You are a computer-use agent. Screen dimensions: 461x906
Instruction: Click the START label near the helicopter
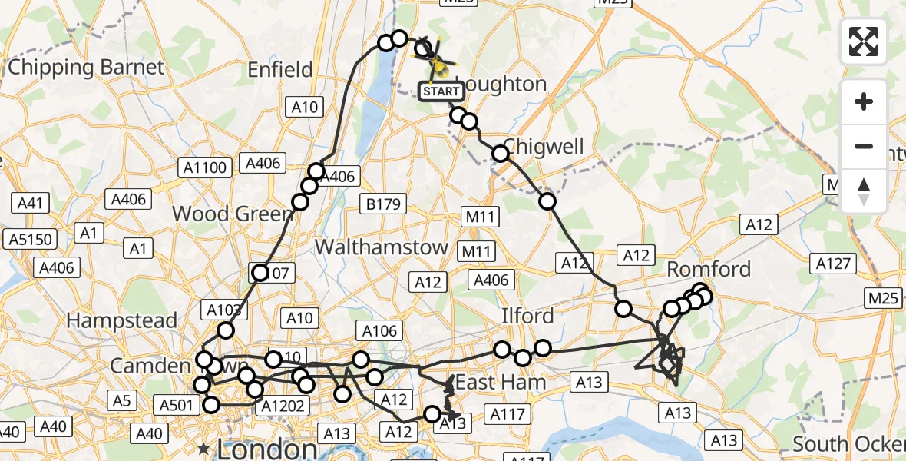tap(441, 91)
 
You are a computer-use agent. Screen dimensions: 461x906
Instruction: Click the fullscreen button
tap(864, 41)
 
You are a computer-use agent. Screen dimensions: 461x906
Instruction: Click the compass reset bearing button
tap(864, 191)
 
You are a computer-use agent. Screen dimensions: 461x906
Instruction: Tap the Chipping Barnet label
tap(86, 67)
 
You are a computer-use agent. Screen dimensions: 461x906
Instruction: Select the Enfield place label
tap(280, 70)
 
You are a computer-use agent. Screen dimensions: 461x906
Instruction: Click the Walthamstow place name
tap(382, 247)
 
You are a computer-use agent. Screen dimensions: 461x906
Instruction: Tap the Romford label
tap(709, 269)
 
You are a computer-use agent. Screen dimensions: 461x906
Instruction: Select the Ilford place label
tap(527, 316)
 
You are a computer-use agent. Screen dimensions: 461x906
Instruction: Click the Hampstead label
tap(122, 320)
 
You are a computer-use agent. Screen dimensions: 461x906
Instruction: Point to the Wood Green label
tap(223, 214)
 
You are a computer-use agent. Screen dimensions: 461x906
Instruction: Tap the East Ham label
tap(501, 382)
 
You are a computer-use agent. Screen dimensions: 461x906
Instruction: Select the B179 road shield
tap(382, 203)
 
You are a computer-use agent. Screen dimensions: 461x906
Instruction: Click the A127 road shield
tap(834, 264)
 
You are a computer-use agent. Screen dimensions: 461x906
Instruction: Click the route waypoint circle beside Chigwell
tap(501, 154)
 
